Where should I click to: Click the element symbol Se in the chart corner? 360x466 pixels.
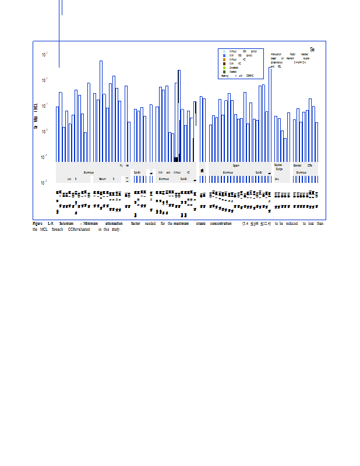pos(312,50)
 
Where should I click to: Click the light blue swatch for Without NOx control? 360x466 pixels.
pos(224,51)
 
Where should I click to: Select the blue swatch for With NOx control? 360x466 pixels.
pos(224,55)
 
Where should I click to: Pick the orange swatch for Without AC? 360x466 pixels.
pos(224,59)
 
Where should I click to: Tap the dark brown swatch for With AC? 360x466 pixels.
pos(224,63)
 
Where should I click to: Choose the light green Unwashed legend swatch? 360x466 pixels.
pos(224,68)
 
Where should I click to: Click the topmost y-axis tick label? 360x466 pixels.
pos(45,54)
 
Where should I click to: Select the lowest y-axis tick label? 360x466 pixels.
pos(45,183)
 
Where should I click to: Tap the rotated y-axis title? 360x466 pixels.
pos(36,115)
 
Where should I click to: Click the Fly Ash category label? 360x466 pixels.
pos(124,165)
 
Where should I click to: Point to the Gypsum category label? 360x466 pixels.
pos(236,165)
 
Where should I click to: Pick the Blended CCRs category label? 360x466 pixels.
pos(305,165)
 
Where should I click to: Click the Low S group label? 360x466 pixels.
pos(72,179)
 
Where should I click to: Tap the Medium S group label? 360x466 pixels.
pos(106,179)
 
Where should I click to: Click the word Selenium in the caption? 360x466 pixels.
pos(66,224)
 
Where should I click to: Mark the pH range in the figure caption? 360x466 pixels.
pos(256,224)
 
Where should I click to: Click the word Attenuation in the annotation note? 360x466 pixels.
pos(277,54)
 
